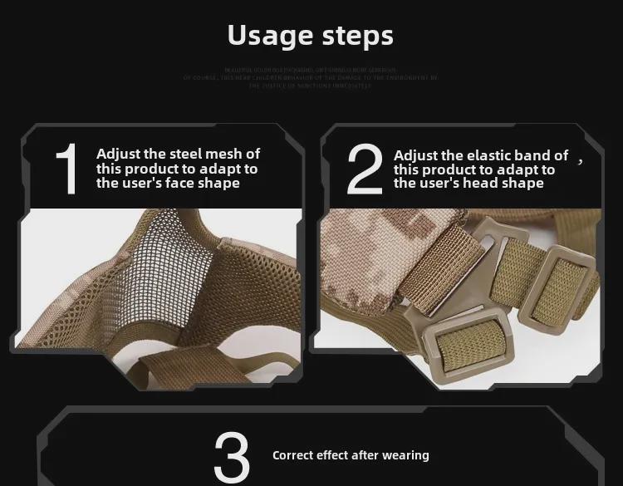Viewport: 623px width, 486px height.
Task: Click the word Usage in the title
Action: click(265, 35)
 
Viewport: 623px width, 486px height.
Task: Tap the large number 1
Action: click(66, 169)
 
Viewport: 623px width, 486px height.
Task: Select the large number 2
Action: click(364, 169)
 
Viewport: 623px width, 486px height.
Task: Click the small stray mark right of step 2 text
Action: click(581, 161)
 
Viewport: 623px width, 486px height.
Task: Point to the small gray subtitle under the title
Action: click(311, 77)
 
